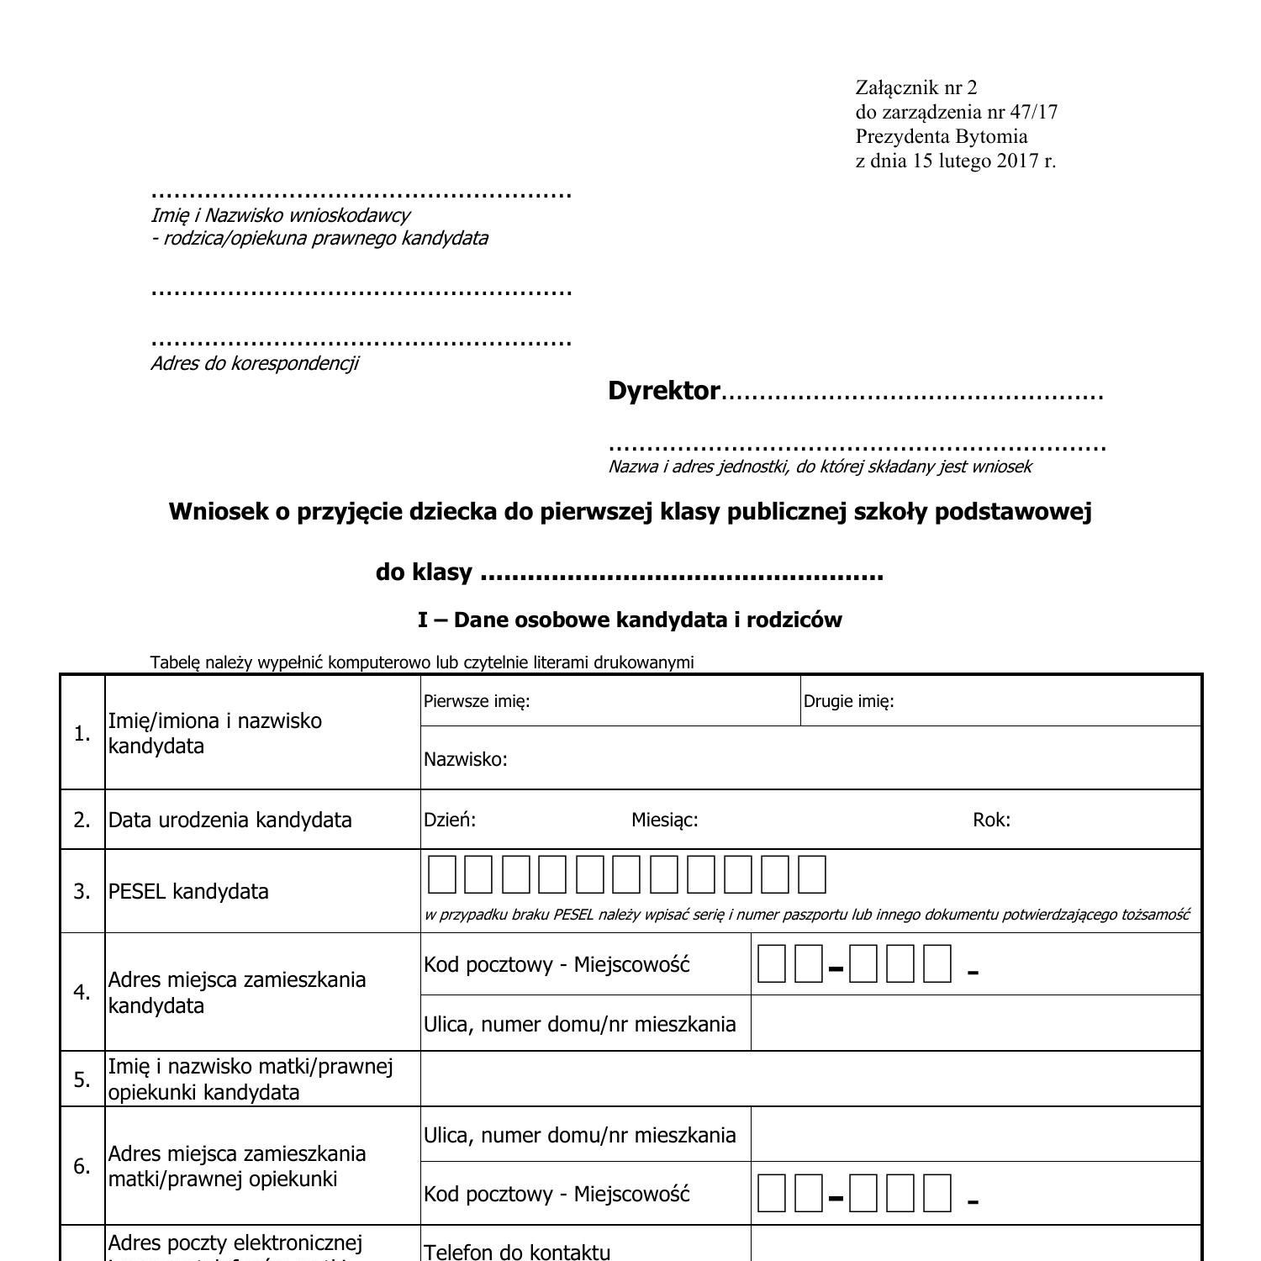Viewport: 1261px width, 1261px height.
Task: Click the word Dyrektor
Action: [x=663, y=391]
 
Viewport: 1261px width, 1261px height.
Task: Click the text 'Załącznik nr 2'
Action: [x=915, y=87]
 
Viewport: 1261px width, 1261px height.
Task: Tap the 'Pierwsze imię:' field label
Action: [x=477, y=701]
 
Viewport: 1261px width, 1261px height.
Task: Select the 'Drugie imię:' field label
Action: [x=848, y=701]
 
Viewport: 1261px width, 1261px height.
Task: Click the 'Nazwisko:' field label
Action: [x=465, y=759]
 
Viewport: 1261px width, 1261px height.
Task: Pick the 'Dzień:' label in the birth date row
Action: [x=450, y=820]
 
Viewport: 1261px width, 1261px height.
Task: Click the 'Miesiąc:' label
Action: [x=664, y=820]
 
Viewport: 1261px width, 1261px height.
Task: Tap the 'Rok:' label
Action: [x=991, y=820]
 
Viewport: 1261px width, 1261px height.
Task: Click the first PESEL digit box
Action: [x=442, y=874]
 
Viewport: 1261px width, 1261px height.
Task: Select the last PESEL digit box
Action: [x=812, y=874]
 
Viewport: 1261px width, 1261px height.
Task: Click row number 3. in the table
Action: [x=82, y=891]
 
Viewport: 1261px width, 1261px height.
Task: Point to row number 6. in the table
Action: [x=82, y=1166]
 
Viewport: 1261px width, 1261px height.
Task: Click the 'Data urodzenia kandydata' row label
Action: [x=230, y=820]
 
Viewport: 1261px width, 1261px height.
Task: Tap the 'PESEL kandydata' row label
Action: [x=188, y=891]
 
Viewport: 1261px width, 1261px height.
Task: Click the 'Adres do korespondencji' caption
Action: [x=254, y=363]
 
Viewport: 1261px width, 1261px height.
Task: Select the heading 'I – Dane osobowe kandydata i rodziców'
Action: [x=630, y=620]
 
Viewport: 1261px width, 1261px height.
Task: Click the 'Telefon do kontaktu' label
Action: [x=517, y=1252]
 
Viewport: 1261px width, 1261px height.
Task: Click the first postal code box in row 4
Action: [x=771, y=963]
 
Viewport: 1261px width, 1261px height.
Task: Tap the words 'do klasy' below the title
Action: [x=424, y=572]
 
